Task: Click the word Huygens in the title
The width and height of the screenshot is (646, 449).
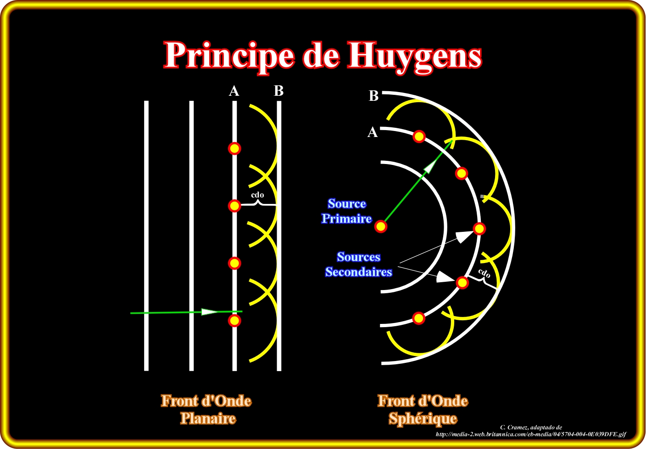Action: [415, 56]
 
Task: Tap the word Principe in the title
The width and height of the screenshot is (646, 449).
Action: [229, 56]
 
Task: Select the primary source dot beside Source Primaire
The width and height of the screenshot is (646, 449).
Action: [381, 226]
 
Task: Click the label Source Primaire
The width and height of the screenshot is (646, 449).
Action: [346, 211]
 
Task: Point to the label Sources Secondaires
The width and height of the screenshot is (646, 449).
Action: [358, 264]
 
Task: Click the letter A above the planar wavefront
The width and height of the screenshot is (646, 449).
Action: [234, 91]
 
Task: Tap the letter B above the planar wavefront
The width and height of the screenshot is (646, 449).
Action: [278, 91]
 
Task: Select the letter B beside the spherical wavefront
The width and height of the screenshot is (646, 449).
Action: [374, 96]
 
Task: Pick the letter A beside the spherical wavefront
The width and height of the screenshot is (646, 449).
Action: [373, 132]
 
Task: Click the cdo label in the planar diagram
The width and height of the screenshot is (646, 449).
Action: [257, 195]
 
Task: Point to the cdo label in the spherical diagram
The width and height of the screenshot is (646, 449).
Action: [484, 274]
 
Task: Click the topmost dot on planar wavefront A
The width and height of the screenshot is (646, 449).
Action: [234, 148]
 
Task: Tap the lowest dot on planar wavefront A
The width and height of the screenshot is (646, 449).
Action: [234, 320]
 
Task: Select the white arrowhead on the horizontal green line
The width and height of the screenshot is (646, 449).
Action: [210, 312]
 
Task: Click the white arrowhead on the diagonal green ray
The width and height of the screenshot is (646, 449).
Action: [429, 168]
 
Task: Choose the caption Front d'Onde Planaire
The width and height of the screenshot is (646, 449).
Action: [206, 410]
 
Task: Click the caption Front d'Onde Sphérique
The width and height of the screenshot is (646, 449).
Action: [423, 410]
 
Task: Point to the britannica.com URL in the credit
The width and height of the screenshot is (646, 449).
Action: [531, 434]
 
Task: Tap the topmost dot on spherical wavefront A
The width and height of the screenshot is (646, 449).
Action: [419, 136]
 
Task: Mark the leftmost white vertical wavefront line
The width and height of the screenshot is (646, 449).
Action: [146, 235]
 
